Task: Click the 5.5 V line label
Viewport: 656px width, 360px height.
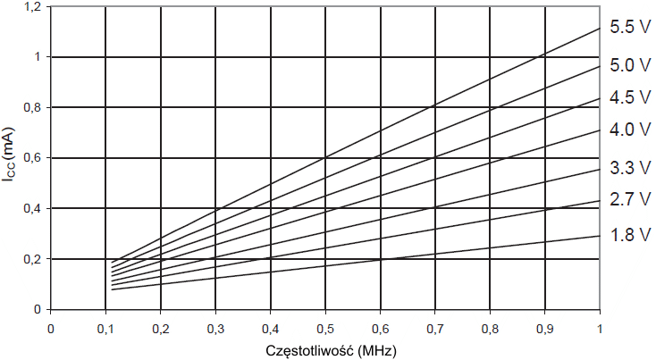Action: pos(629,28)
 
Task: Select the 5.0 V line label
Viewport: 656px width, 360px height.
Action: pos(629,65)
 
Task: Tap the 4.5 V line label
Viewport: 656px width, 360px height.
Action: pos(629,97)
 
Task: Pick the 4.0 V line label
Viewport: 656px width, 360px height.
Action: pos(629,130)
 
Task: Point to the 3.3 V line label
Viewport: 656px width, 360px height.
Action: pos(629,167)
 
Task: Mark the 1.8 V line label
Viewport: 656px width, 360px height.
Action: pos(629,236)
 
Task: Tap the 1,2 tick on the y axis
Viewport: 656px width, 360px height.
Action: pos(32,7)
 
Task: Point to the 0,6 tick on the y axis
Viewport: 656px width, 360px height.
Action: pos(32,158)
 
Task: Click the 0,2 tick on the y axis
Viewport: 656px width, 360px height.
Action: pos(32,259)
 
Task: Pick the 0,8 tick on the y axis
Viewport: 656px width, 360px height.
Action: pos(32,107)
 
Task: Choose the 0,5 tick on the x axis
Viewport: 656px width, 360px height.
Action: pos(325,328)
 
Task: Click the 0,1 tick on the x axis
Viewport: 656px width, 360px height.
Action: pos(105,328)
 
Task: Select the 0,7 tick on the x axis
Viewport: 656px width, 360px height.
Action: pos(435,328)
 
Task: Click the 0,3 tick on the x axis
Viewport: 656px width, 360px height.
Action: pos(215,328)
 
